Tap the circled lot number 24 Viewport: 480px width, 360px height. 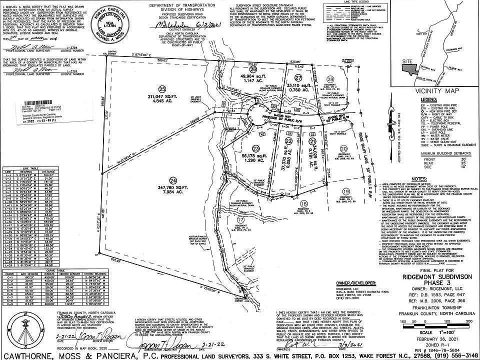[173, 179]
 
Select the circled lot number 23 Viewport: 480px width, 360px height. [256, 148]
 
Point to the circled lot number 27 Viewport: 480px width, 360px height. [298, 78]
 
